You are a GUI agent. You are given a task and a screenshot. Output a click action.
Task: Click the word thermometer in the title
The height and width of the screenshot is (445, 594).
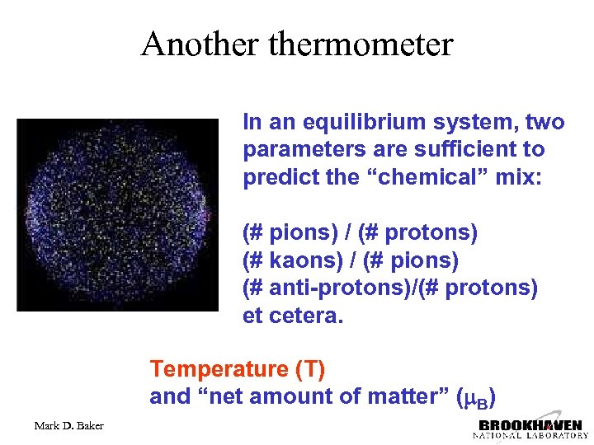[361, 44]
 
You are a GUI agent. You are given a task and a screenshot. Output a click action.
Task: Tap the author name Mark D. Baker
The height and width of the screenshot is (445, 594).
[69, 426]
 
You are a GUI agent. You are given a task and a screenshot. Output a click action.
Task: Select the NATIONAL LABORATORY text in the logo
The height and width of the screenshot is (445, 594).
[530, 435]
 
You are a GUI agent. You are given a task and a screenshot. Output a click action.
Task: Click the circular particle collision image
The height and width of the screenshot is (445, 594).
[119, 214]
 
